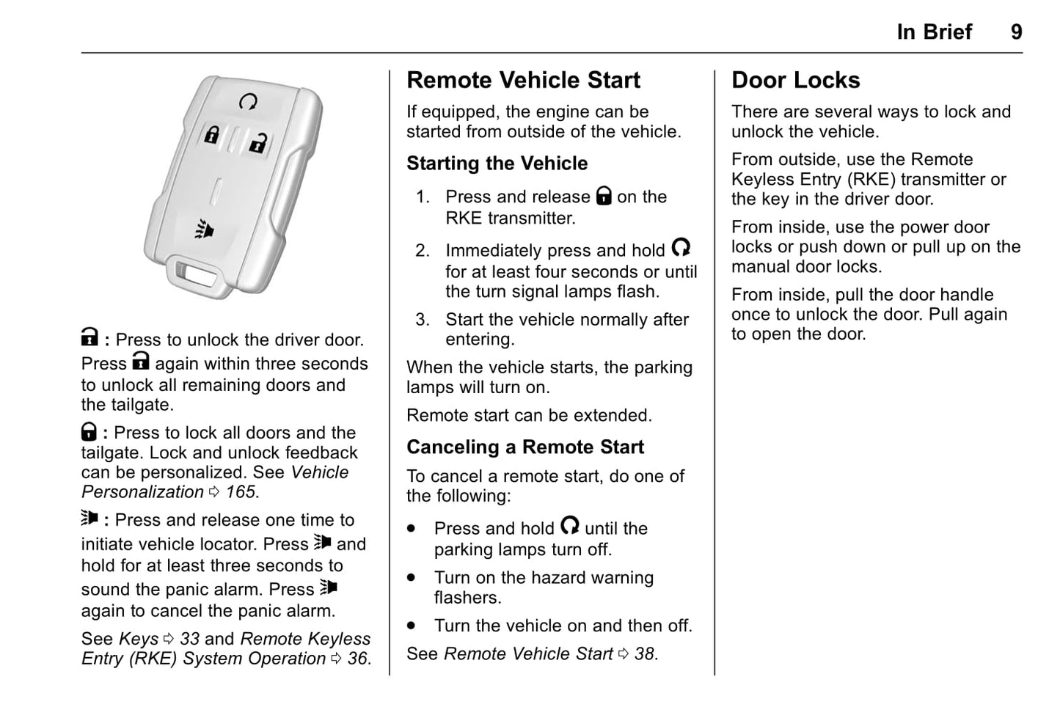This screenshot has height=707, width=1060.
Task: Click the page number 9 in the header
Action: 1016,32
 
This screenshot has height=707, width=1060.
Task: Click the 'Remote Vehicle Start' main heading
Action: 523,80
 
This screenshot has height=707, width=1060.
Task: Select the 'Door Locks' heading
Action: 795,80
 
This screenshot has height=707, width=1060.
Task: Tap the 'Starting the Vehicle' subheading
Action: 497,164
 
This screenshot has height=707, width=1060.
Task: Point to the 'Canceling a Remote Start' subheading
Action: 524,447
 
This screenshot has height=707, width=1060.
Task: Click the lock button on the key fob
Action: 211,135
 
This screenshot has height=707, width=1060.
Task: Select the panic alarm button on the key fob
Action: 205,230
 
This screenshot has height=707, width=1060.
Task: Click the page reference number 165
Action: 241,492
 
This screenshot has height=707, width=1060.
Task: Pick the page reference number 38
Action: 644,654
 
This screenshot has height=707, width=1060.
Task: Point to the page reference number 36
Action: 357,659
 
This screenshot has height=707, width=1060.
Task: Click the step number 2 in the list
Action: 422,251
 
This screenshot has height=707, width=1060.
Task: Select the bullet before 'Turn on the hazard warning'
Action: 412,578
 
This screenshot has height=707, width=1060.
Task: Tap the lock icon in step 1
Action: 604,196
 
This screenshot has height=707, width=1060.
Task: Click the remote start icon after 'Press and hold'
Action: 569,526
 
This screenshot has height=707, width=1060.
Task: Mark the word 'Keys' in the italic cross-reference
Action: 138,640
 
